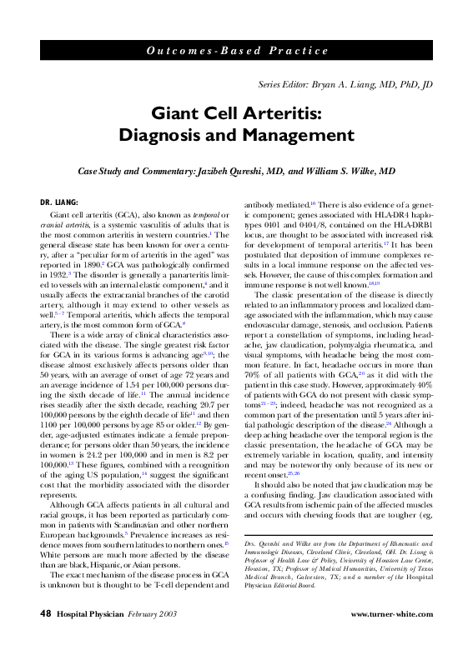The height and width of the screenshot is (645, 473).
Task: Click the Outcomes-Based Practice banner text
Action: tap(237, 50)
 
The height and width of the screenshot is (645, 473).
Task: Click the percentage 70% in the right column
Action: tap(252, 363)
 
